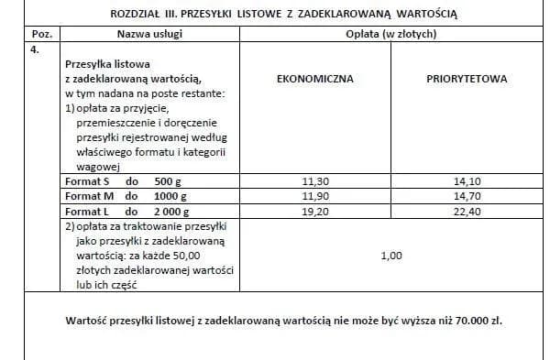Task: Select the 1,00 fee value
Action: (x=391, y=256)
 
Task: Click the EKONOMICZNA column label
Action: (x=314, y=79)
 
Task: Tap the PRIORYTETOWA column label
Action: (x=467, y=79)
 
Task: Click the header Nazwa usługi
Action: (x=151, y=34)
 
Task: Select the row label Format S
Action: (x=88, y=180)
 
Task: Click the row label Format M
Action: (x=89, y=196)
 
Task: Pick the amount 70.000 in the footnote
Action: (x=463, y=321)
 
